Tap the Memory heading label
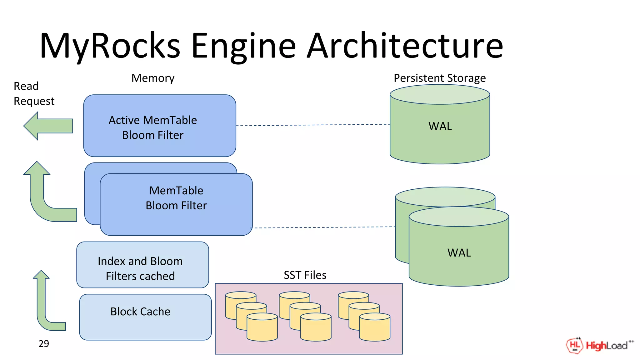point(153,78)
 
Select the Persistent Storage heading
point(439,78)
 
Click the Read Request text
point(34,93)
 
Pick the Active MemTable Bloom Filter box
point(159,126)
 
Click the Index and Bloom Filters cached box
point(142,265)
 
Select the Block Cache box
point(145,317)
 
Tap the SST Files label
point(305,275)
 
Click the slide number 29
point(44,344)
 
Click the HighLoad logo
point(599,345)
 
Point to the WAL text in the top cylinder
point(440,126)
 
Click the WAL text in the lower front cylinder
point(459,253)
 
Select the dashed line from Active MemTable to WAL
point(312,125)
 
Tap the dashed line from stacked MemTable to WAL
point(322,227)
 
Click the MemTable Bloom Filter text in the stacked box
point(176,198)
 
